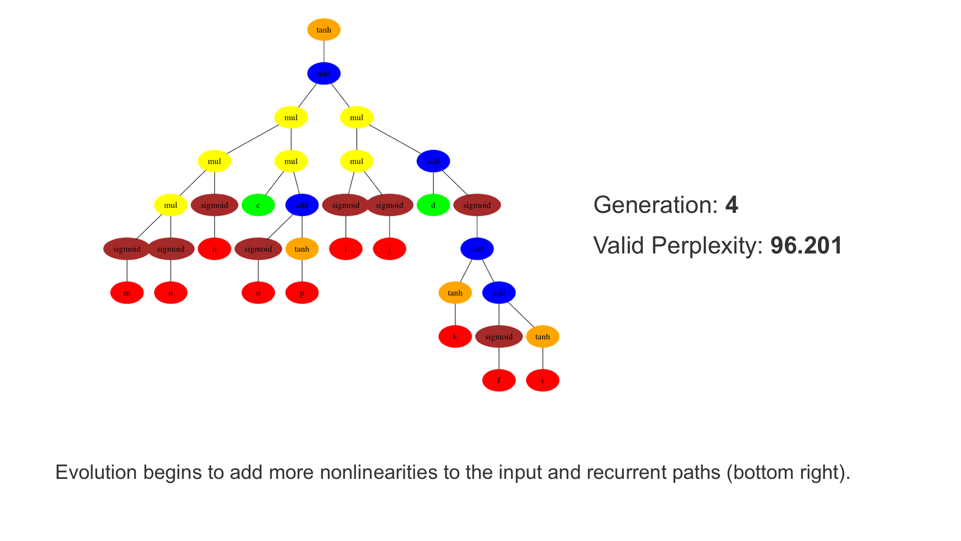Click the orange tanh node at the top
pyautogui.click(x=324, y=30)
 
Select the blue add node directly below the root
pyautogui.click(x=324, y=74)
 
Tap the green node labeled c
pyautogui.click(x=258, y=205)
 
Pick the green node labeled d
pyautogui.click(x=433, y=205)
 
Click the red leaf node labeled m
pyautogui.click(x=127, y=293)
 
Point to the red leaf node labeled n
pyautogui.click(x=215, y=249)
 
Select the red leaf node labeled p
pyautogui.click(x=302, y=293)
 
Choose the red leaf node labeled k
pyautogui.click(x=455, y=337)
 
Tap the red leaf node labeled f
pyautogui.click(x=499, y=381)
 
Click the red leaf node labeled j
pyautogui.click(x=389, y=249)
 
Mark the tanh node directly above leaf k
pyautogui.click(x=455, y=293)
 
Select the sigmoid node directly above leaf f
pyautogui.click(x=499, y=337)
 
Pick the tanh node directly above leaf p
pyautogui.click(x=302, y=249)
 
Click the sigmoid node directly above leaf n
pyautogui.click(x=215, y=205)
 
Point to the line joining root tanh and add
pyautogui.click(x=324, y=52)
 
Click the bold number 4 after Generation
pyautogui.click(x=732, y=205)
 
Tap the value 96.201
pyautogui.click(x=806, y=245)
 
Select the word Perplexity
pyautogui.click(x=707, y=245)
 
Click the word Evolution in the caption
pyautogui.click(x=96, y=472)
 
